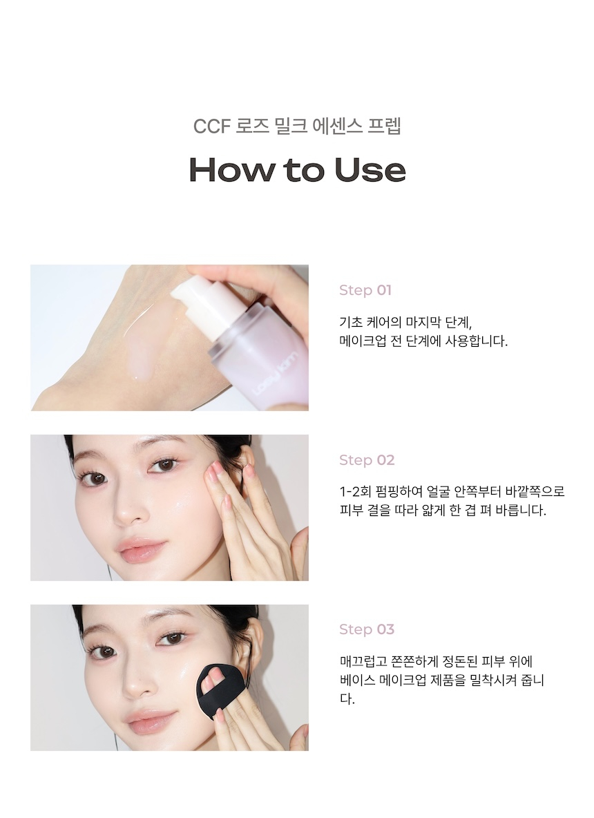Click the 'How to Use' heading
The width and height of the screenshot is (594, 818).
297,170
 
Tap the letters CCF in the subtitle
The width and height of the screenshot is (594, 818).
209,128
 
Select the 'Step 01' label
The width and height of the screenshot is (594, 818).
365,290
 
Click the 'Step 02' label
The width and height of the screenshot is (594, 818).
366,460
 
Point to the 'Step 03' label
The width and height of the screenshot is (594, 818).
366,629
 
